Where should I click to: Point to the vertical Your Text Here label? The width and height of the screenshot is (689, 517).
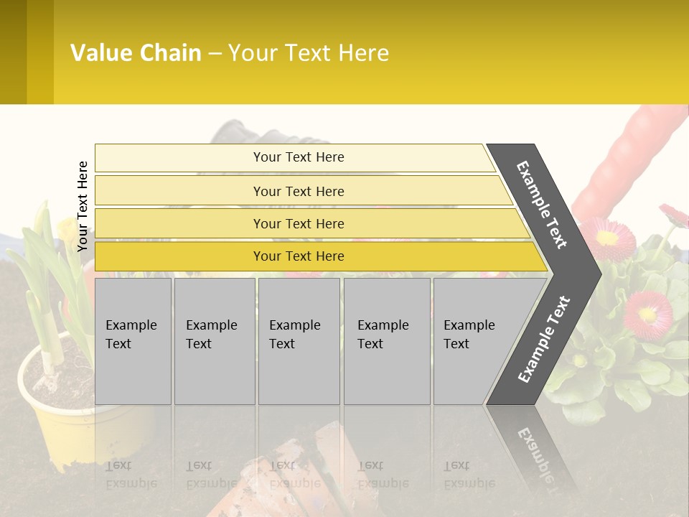coord(83,206)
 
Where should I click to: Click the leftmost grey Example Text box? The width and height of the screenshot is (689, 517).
coord(133,340)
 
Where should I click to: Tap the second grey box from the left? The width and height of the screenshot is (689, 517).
coord(215,340)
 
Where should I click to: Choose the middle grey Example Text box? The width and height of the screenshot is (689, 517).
coord(299,340)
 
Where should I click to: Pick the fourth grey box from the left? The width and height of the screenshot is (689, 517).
coord(387,340)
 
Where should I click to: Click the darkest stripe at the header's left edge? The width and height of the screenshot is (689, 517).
coord(13,52)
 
